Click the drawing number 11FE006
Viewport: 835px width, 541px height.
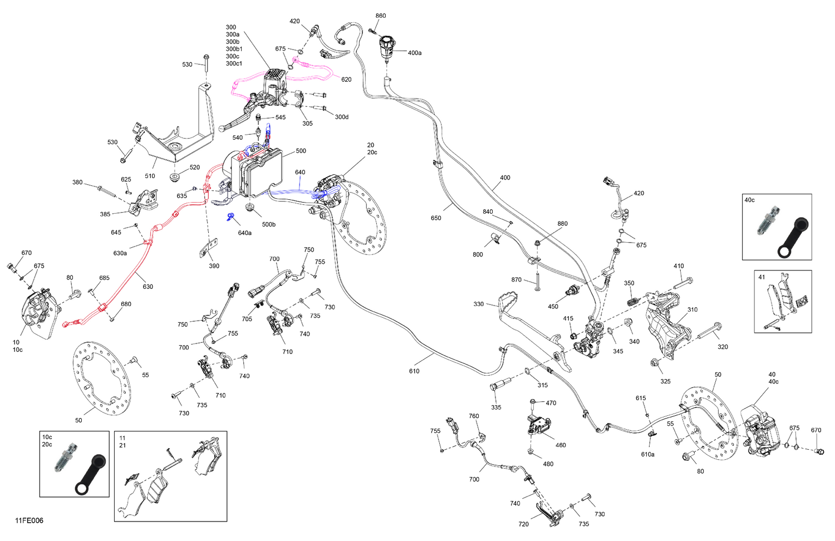tap(29, 520)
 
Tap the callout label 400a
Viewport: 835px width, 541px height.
tap(415, 53)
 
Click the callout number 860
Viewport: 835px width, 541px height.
tap(381, 16)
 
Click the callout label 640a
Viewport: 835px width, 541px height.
tap(245, 233)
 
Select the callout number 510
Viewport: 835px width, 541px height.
tap(150, 176)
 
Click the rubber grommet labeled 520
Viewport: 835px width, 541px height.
tap(174, 177)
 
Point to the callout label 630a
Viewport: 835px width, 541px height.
tap(120, 253)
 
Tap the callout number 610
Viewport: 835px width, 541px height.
tap(414, 371)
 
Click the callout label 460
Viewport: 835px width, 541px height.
tap(561, 445)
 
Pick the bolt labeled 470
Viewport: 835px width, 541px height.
tap(533, 405)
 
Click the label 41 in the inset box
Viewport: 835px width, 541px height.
tap(762, 277)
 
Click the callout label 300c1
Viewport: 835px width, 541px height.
tap(234, 63)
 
